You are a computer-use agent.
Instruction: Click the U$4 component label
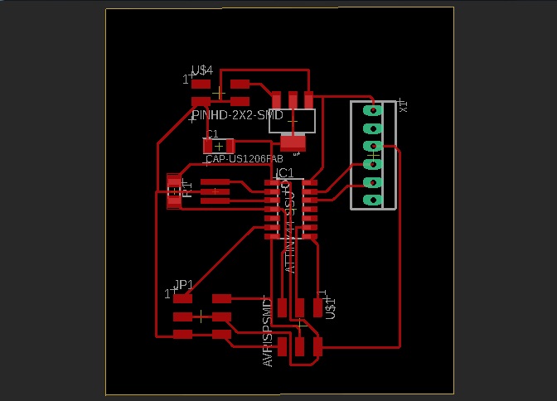[202, 71]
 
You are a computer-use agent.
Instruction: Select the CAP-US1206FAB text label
[245, 158]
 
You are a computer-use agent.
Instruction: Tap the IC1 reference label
[284, 172]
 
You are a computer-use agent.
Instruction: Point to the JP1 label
[183, 285]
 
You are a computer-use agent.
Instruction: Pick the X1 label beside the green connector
[404, 105]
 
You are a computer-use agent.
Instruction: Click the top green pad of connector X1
[372, 109]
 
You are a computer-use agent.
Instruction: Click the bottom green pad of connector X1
[372, 200]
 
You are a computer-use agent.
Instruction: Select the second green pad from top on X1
[372, 128]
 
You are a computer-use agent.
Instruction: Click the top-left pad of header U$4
[201, 84]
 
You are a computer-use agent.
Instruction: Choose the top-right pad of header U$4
[240, 84]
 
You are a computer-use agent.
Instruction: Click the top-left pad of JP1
[182, 298]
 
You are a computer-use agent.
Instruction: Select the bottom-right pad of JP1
[221, 335]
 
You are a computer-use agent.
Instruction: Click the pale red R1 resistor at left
[174, 191]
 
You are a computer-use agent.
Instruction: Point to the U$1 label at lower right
[330, 305]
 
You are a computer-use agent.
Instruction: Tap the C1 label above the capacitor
[212, 133]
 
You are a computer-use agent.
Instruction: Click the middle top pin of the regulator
[293, 99]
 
